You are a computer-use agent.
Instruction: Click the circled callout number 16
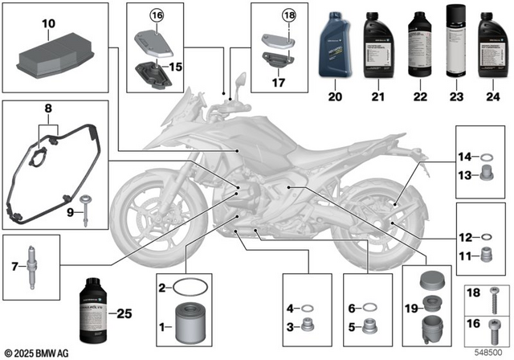(x=154, y=14)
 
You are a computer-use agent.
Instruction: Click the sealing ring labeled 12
(x=485, y=238)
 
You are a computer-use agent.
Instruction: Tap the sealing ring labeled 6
(x=370, y=307)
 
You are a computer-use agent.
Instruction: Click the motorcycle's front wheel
(x=149, y=218)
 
